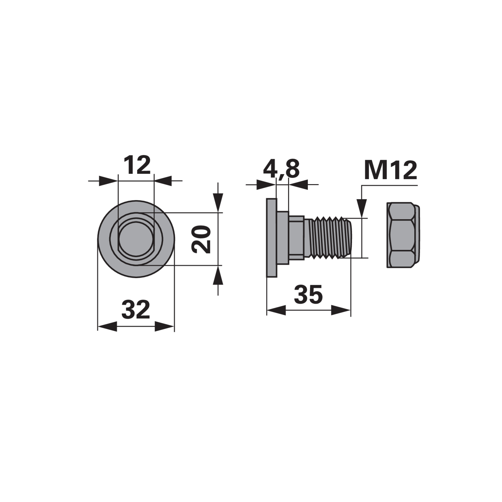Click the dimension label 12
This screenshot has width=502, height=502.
pos(137,165)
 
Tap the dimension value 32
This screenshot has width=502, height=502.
pos(136,309)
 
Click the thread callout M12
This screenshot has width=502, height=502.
pos(391,170)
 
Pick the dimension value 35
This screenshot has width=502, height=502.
pos(308,294)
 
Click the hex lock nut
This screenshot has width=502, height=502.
pos(403,235)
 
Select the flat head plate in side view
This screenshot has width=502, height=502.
pos(271,238)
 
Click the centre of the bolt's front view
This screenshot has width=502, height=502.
pos(136,239)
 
